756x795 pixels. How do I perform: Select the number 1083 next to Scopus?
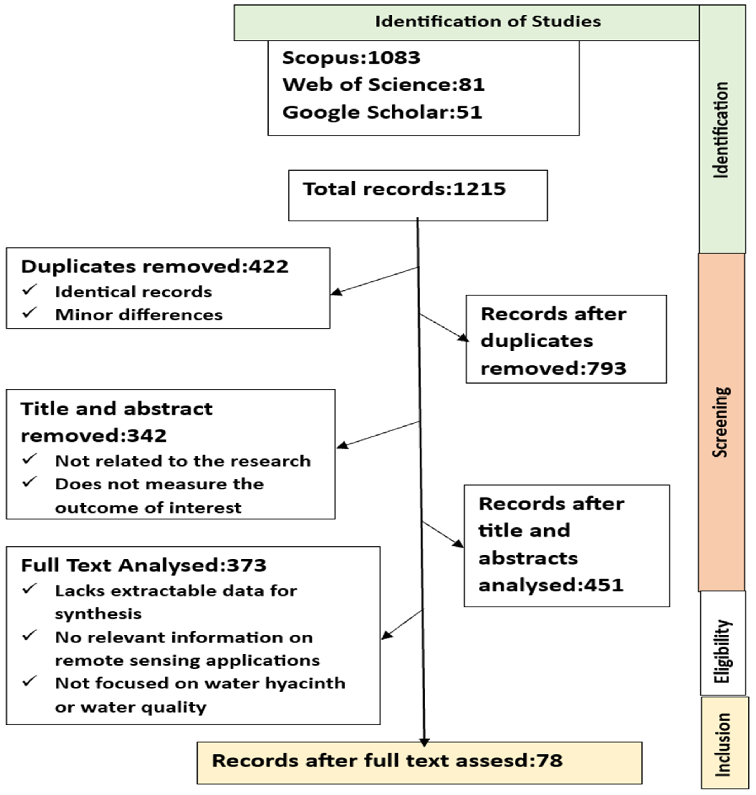394,58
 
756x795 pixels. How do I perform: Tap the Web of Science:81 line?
383,85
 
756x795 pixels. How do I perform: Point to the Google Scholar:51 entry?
382,112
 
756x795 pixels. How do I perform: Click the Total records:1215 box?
418,195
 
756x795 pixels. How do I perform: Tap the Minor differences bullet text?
139,315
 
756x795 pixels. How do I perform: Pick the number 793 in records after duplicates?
607,368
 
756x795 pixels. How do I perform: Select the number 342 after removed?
147,436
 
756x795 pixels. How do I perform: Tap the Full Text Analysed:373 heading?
143,565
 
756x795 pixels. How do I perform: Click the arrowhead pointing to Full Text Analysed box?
386,636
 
